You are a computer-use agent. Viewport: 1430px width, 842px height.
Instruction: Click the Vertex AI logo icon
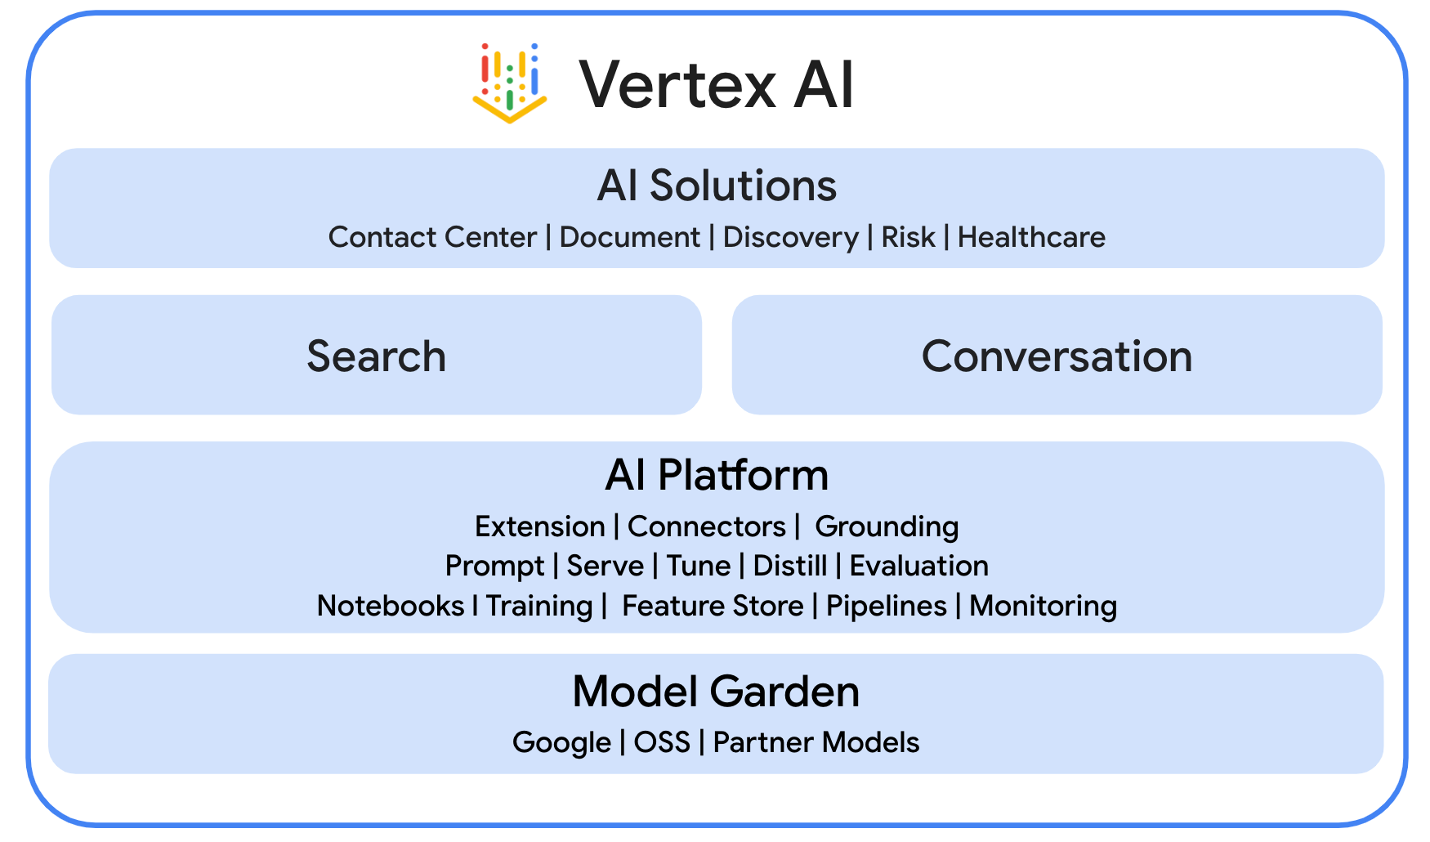pyautogui.click(x=509, y=83)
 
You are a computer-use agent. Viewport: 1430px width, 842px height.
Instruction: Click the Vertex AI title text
pyautogui.click(x=716, y=84)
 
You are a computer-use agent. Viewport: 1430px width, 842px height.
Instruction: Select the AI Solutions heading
pyautogui.click(x=717, y=186)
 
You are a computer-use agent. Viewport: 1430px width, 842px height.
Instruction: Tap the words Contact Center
pyautogui.click(x=432, y=237)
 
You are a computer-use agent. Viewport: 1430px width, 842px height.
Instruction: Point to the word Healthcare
pyautogui.click(x=1031, y=237)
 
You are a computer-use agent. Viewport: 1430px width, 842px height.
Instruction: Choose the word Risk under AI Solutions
pyautogui.click(x=908, y=237)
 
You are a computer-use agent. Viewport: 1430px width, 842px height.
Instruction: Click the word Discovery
pyautogui.click(x=790, y=237)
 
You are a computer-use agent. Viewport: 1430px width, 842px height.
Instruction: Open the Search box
pyautogui.click(x=377, y=356)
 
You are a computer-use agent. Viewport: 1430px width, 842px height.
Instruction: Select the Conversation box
pyautogui.click(x=1057, y=356)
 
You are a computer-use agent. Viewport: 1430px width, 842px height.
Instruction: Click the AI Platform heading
pyautogui.click(x=717, y=475)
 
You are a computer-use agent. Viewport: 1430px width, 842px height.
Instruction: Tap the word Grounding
pyautogui.click(x=887, y=526)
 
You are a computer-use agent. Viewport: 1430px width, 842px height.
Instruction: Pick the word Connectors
pyautogui.click(x=706, y=526)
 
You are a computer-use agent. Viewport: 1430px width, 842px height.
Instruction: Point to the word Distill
pyautogui.click(x=789, y=566)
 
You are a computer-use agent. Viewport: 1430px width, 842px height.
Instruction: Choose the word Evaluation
pyautogui.click(x=918, y=566)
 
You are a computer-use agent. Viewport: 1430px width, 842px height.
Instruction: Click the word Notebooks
pyautogui.click(x=391, y=606)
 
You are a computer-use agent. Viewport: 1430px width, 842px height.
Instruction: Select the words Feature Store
pyautogui.click(x=713, y=606)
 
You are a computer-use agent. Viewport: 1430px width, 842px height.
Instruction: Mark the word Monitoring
pyautogui.click(x=1043, y=606)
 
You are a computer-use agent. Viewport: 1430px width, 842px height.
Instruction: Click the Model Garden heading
pyautogui.click(x=716, y=692)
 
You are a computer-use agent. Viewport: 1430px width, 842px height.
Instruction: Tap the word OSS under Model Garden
pyautogui.click(x=662, y=742)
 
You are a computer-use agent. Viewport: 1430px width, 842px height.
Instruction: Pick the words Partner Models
pyautogui.click(x=816, y=742)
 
